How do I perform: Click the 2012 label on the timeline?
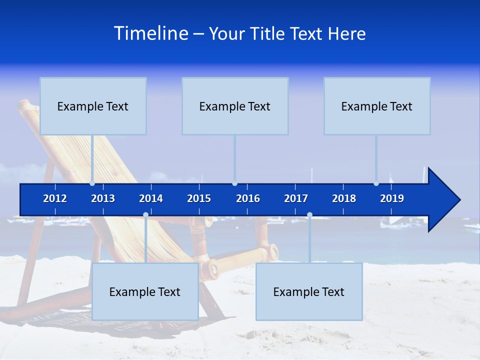(55, 198)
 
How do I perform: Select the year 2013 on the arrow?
(103, 198)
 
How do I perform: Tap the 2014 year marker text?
(151, 198)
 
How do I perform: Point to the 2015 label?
(199, 198)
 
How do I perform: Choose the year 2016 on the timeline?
(248, 198)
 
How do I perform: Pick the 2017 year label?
(296, 198)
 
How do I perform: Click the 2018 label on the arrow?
(344, 198)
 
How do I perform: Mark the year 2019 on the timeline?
(392, 198)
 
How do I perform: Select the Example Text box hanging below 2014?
(145, 291)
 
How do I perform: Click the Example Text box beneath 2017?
(309, 291)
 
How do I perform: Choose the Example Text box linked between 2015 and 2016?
(235, 106)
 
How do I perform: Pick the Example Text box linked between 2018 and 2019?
(377, 106)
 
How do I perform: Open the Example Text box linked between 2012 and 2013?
(93, 106)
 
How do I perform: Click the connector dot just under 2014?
(145, 215)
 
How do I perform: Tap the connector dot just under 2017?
(309, 215)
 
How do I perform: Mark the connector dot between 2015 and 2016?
(234, 183)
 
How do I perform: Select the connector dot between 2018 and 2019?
(376, 183)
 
